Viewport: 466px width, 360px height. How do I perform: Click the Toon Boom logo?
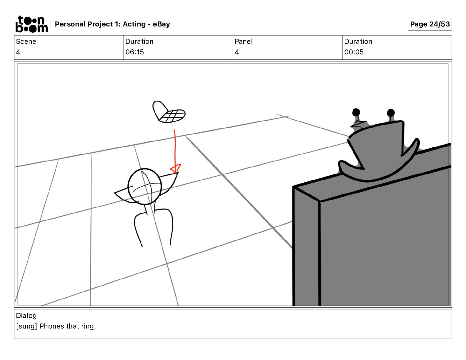click(x=31, y=24)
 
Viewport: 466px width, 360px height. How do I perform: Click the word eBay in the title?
click(x=161, y=24)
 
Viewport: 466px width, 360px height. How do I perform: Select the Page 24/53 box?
click(x=430, y=24)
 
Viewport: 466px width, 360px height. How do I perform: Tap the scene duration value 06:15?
click(x=134, y=52)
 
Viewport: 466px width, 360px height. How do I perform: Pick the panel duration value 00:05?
click(x=354, y=52)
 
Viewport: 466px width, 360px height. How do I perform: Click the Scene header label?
click(x=26, y=41)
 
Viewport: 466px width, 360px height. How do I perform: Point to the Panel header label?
click(x=244, y=41)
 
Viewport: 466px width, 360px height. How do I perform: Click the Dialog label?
click(x=26, y=316)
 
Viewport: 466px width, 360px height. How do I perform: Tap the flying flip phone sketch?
click(x=169, y=112)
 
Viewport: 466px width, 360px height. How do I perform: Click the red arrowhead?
click(x=176, y=169)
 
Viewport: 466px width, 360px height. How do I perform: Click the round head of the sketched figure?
click(x=145, y=186)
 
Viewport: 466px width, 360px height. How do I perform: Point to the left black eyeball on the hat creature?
click(x=356, y=112)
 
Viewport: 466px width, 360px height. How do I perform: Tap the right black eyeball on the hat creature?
click(x=391, y=113)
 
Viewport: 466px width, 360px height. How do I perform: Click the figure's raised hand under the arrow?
click(x=176, y=174)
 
